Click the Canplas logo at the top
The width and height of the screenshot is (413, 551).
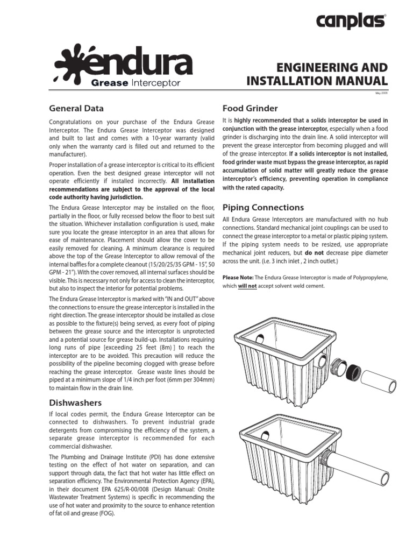351,22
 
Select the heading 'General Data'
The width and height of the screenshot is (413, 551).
76,108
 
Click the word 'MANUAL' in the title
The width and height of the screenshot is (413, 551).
361,81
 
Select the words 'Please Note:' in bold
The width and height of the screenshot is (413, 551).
238,277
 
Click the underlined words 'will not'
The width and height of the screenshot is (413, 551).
247,286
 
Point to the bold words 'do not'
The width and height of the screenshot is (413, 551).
314,252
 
